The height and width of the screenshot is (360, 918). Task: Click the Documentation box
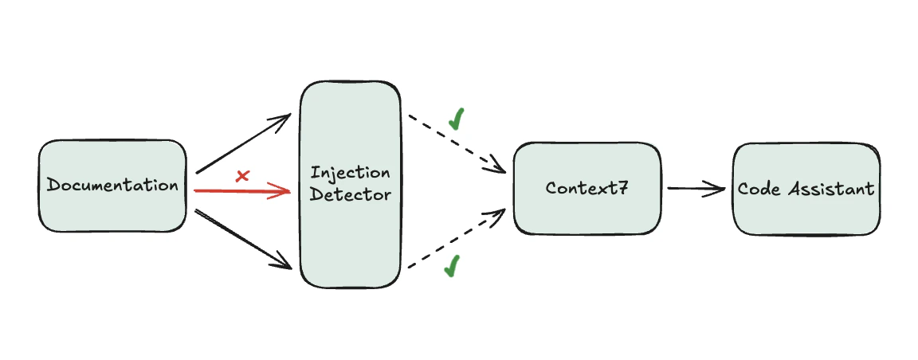point(112,186)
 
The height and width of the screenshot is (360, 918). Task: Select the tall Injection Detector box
point(350,231)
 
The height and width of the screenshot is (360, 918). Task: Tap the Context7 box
point(587,189)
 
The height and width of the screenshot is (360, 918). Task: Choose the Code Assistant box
point(806,189)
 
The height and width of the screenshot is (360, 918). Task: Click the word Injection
point(351,173)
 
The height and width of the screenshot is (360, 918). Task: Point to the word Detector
point(351,194)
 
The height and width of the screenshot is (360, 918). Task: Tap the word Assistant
point(830,189)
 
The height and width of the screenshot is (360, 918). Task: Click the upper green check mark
point(457,119)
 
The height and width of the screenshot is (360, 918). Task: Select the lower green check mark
point(452,266)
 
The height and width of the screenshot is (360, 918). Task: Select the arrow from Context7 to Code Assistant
point(693,189)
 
